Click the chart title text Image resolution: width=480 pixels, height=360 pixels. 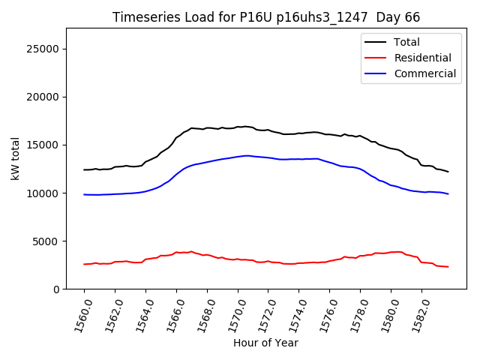click(266, 17)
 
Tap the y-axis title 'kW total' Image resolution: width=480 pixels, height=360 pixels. click(16, 158)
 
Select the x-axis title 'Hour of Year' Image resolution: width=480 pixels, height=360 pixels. click(265, 343)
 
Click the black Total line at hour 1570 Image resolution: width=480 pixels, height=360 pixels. click(238, 127)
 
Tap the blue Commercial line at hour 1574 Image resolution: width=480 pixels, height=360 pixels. click(299, 159)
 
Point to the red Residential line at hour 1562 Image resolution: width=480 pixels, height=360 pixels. click(115, 262)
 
